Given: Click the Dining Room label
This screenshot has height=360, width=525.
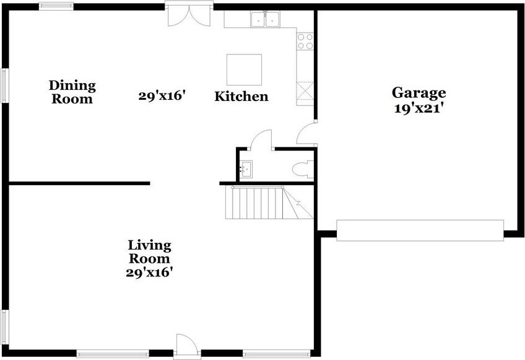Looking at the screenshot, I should click(72, 92).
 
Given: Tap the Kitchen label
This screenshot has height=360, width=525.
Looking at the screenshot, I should click(241, 97).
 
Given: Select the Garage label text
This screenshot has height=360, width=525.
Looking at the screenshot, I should click(419, 93).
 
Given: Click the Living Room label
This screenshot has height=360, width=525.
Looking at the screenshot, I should click(149, 252).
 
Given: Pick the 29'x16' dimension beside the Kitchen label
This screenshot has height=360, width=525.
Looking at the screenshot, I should click(162, 96).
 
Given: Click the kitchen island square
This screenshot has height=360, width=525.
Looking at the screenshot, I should click(244, 69).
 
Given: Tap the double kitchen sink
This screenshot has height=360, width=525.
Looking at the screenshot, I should click(266, 20).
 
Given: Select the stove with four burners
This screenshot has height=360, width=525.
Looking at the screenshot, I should click(305, 41).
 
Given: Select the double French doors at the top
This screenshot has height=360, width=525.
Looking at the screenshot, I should click(189, 15).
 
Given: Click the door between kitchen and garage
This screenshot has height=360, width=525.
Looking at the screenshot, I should click(306, 133).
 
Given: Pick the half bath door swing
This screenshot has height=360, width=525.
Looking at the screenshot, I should click(262, 139).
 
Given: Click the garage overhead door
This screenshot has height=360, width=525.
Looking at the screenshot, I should click(420, 230).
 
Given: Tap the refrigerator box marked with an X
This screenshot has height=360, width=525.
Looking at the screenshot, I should click(305, 92).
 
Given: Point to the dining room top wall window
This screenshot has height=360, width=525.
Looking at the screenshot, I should click(56, 6).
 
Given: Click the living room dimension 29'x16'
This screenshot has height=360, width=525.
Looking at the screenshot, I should click(149, 272).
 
